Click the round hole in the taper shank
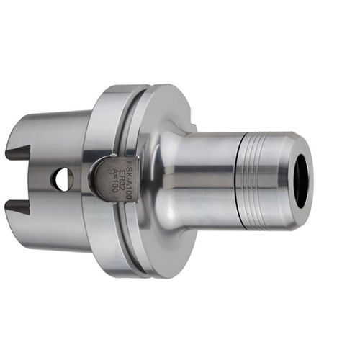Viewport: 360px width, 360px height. pyautogui.click(x=62, y=179)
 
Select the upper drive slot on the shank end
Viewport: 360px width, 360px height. pyautogui.click(x=18, y=152)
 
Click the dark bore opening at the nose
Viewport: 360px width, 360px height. pyautogui.click(x=301, y=181)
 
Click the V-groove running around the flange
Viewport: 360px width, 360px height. pyautogui.click(x=130, y=115)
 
